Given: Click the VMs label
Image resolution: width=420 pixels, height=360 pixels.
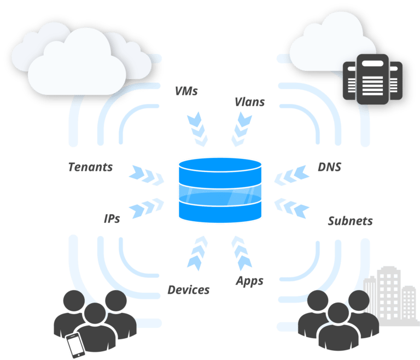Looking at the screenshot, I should pyautogui.click(x=185, y=91).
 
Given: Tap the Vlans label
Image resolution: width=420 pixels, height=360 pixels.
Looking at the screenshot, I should pyautogui.click(x=250, y=101).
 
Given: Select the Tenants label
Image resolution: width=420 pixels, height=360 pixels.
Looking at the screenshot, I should pyautogui.click(x=90, y=167).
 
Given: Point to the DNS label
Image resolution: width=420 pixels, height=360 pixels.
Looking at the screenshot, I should pyautogui.click(x=330, y=167).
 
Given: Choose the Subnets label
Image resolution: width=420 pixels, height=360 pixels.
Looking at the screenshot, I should pyautogui.click(x=350, y=221).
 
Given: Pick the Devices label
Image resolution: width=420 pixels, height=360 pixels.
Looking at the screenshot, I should pyautogui.click(x=188, y=290).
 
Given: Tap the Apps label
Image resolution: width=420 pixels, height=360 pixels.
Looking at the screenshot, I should pyautogui.click(x=250, y=281).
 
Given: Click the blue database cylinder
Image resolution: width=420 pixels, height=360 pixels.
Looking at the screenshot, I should pyautogui.click(x=220, y=190).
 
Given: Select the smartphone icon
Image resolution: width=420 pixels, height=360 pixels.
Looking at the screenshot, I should pyautogui.click(x=75, y=344).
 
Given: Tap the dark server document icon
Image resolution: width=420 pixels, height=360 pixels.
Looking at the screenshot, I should pyautogui.click(x=372, y=79).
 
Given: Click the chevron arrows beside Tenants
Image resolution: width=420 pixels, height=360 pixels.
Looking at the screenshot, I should pyautogui.click(x=147, y=176).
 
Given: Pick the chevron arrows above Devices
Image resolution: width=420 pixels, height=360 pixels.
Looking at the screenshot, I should pyautogui.click(x=197, y=253).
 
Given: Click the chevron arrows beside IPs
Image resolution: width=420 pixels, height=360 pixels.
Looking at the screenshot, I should pyautogui.click(x=147, y=207).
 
